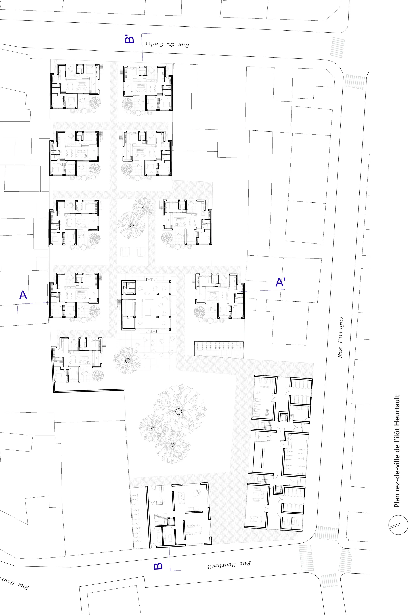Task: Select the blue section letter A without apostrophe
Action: [23, 295]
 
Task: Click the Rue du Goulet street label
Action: [167, 44]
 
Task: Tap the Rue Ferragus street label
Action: [340, 337]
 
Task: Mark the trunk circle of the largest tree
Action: [179, 411]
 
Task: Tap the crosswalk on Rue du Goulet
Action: [337, 48]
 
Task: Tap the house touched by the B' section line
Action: [148, 88]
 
